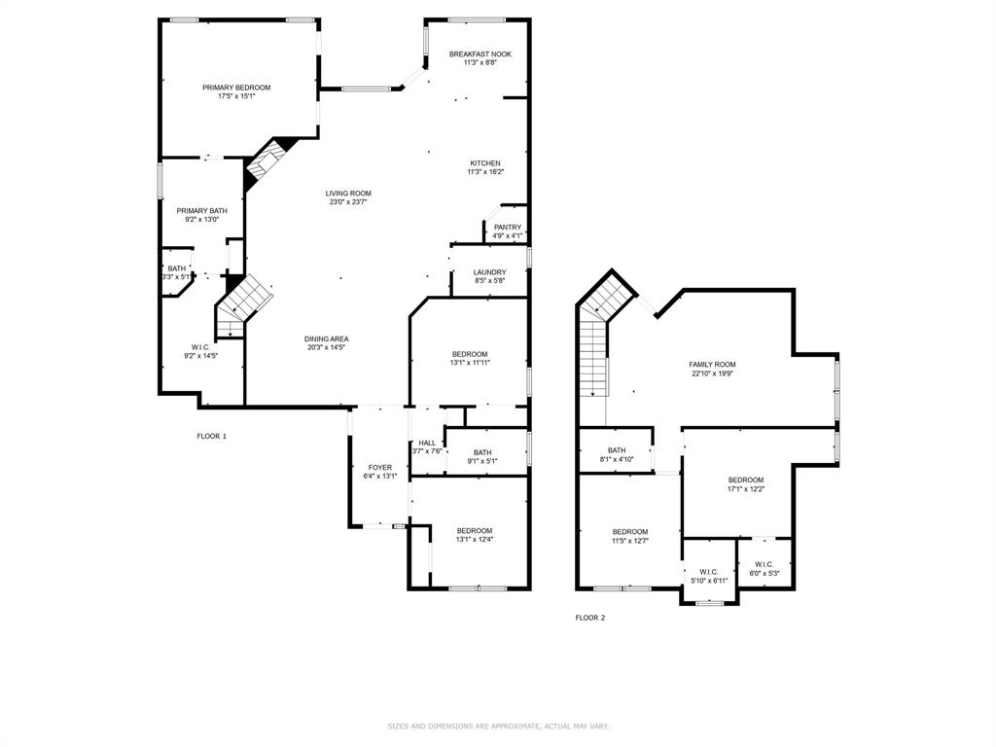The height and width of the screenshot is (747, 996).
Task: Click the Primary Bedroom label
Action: pos(236,88)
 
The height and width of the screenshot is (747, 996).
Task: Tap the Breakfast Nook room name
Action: pos(480,54)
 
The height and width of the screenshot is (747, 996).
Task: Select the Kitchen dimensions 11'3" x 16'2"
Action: pos(486,171)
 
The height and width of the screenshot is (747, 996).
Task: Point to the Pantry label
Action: pos(508,228)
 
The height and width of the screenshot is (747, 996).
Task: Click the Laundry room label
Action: pos(490,272)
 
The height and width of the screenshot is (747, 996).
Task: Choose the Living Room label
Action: pos(348,194)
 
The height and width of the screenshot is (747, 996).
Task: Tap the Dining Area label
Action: pos(327,339)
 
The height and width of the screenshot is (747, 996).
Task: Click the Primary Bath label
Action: pos(202,211)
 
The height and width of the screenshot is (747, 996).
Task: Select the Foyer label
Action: pos(380,468)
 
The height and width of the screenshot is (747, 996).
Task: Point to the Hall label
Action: pos(428,444)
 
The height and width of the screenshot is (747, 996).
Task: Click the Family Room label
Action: pos(712,365)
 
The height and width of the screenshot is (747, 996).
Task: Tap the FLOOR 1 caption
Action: pos(211,437)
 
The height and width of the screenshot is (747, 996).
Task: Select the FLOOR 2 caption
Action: pos(590,618)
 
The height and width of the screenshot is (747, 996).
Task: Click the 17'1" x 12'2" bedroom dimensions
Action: pos(746,489)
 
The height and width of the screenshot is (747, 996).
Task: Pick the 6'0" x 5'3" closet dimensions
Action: pos(765,573)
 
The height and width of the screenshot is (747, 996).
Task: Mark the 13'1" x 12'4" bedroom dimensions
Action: pos(475,539)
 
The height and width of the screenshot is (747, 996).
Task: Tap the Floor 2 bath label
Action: pos(617,450)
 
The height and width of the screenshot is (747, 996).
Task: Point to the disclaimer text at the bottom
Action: pos(498,726)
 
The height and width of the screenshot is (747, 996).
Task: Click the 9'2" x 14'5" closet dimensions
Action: pos(200,356)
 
